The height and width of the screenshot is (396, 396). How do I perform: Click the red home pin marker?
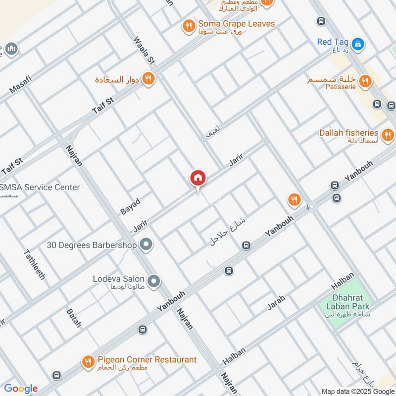pos(198,178)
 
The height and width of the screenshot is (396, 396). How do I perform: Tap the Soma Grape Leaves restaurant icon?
pos(188,25)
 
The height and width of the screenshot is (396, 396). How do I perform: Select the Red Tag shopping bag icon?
pos(360,44)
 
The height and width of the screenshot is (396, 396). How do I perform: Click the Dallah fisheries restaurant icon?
pos(388,134)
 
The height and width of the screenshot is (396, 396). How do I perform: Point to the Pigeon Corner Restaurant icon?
pos(88,361)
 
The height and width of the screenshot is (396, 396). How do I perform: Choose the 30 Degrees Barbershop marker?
pos(146,244)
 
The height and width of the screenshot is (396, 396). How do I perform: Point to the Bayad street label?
pos(130,206)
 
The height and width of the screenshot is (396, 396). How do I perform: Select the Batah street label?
pos(74,318)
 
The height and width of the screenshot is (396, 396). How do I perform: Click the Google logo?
pos(21,389)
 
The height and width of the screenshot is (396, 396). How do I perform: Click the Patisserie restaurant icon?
pos(365,81)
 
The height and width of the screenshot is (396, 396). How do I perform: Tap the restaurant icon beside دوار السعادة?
pos(148,78)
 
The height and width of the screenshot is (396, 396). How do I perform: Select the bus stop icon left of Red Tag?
pos(321,21)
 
